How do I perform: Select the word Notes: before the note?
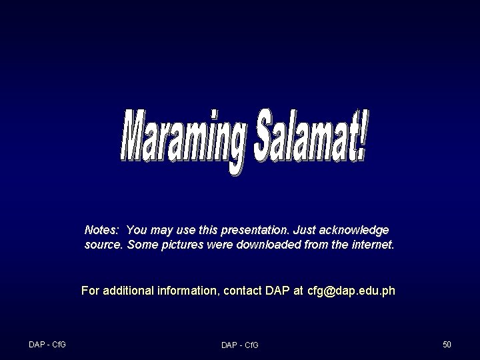102,230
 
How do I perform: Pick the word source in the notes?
103,245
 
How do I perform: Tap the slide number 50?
447,344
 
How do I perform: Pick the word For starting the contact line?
89,291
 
